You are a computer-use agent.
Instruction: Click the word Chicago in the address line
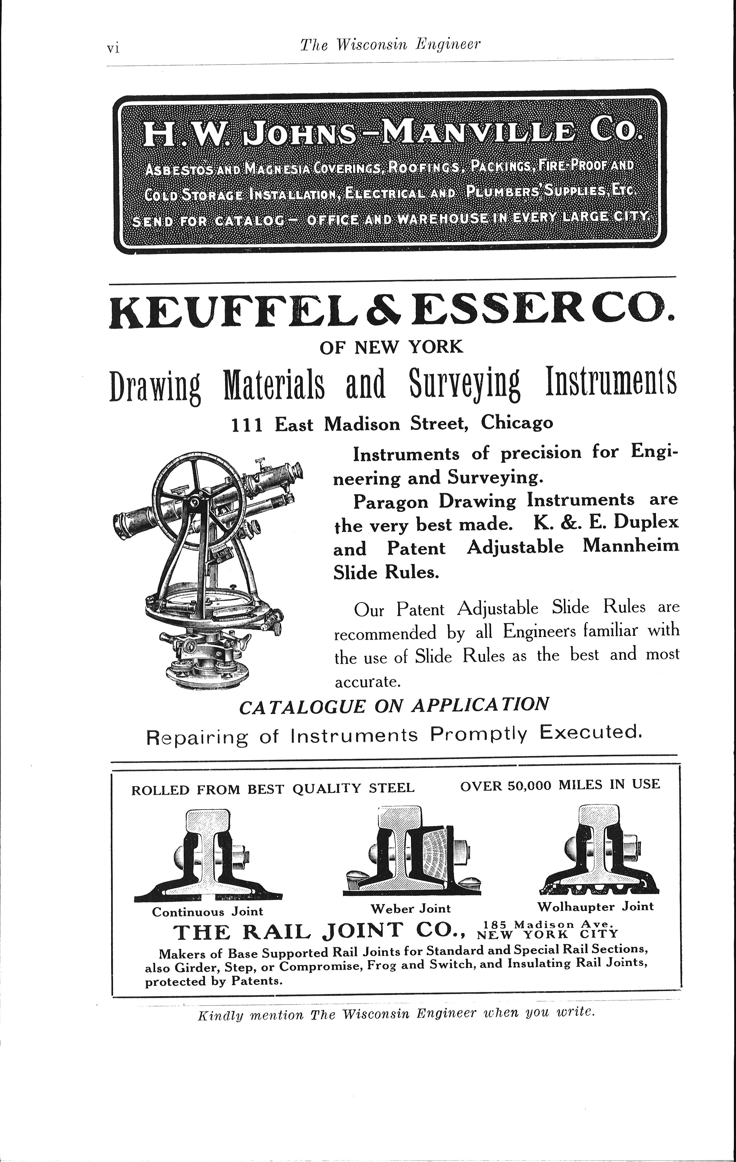pos(517,423)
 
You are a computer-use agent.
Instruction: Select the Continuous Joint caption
pos(207,911)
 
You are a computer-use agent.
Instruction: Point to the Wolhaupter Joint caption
pos(595,906)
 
